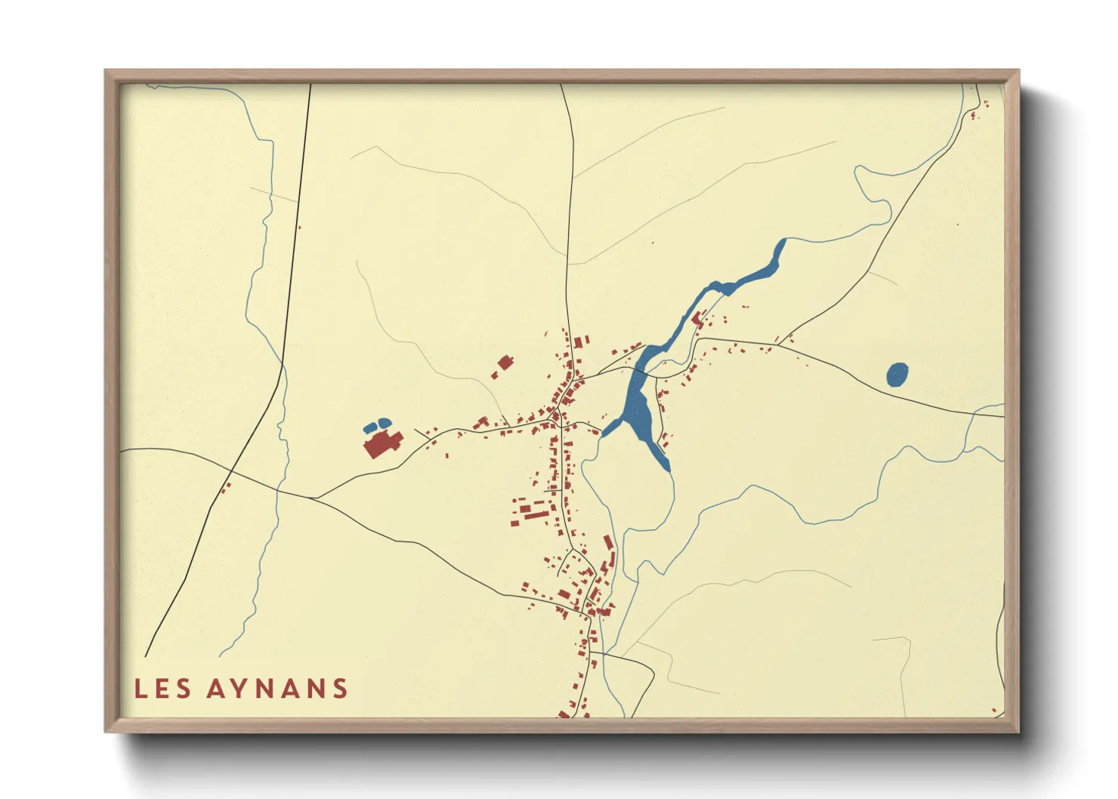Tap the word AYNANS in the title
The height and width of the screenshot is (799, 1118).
click(277, 689)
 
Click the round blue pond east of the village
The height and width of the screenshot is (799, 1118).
click(897, 375)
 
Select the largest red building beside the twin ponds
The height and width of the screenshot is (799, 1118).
click(381, 443)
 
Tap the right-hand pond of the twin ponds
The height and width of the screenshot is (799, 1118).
click(385, 422)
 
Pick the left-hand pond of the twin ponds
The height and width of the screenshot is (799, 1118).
click(370, 428)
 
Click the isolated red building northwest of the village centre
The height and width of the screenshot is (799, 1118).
click(505, 363)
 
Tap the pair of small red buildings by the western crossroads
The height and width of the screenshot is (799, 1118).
click(224, 488)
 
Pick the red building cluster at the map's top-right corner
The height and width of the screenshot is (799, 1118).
click(974, 113)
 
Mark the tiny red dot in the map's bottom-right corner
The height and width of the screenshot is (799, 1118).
click(993, 710)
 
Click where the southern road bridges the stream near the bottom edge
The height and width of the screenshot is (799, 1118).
click(604, 654)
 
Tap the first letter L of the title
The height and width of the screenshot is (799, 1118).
click(140, 689)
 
